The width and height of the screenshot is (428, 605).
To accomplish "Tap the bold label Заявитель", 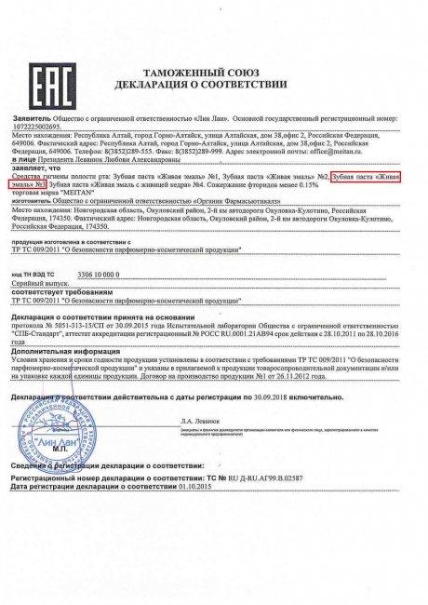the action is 32,120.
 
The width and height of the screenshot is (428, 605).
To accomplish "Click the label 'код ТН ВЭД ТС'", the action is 33,250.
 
